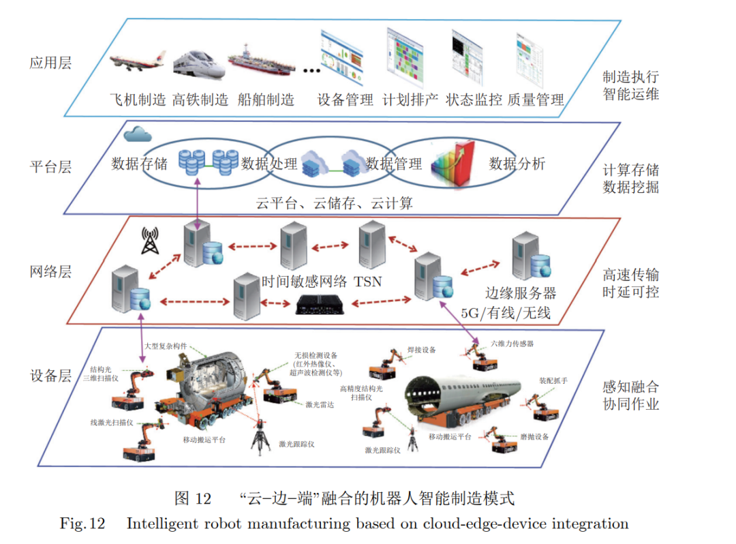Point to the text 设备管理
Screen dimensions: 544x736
pos(346,100)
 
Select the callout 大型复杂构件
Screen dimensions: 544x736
pos(165,346)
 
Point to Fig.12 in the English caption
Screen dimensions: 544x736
pos(82,524)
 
